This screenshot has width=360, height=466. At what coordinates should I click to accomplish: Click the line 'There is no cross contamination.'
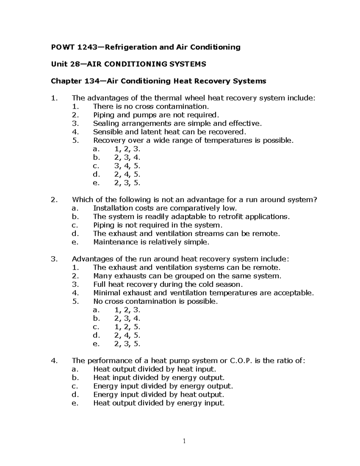(150, 106)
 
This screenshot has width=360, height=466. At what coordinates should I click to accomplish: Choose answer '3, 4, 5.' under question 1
(127, 166)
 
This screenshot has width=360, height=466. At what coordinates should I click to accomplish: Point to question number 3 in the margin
(54, 259)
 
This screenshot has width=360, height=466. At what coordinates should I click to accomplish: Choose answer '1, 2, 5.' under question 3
(127, 327)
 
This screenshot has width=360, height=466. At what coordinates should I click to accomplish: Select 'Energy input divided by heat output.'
(159, 395)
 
